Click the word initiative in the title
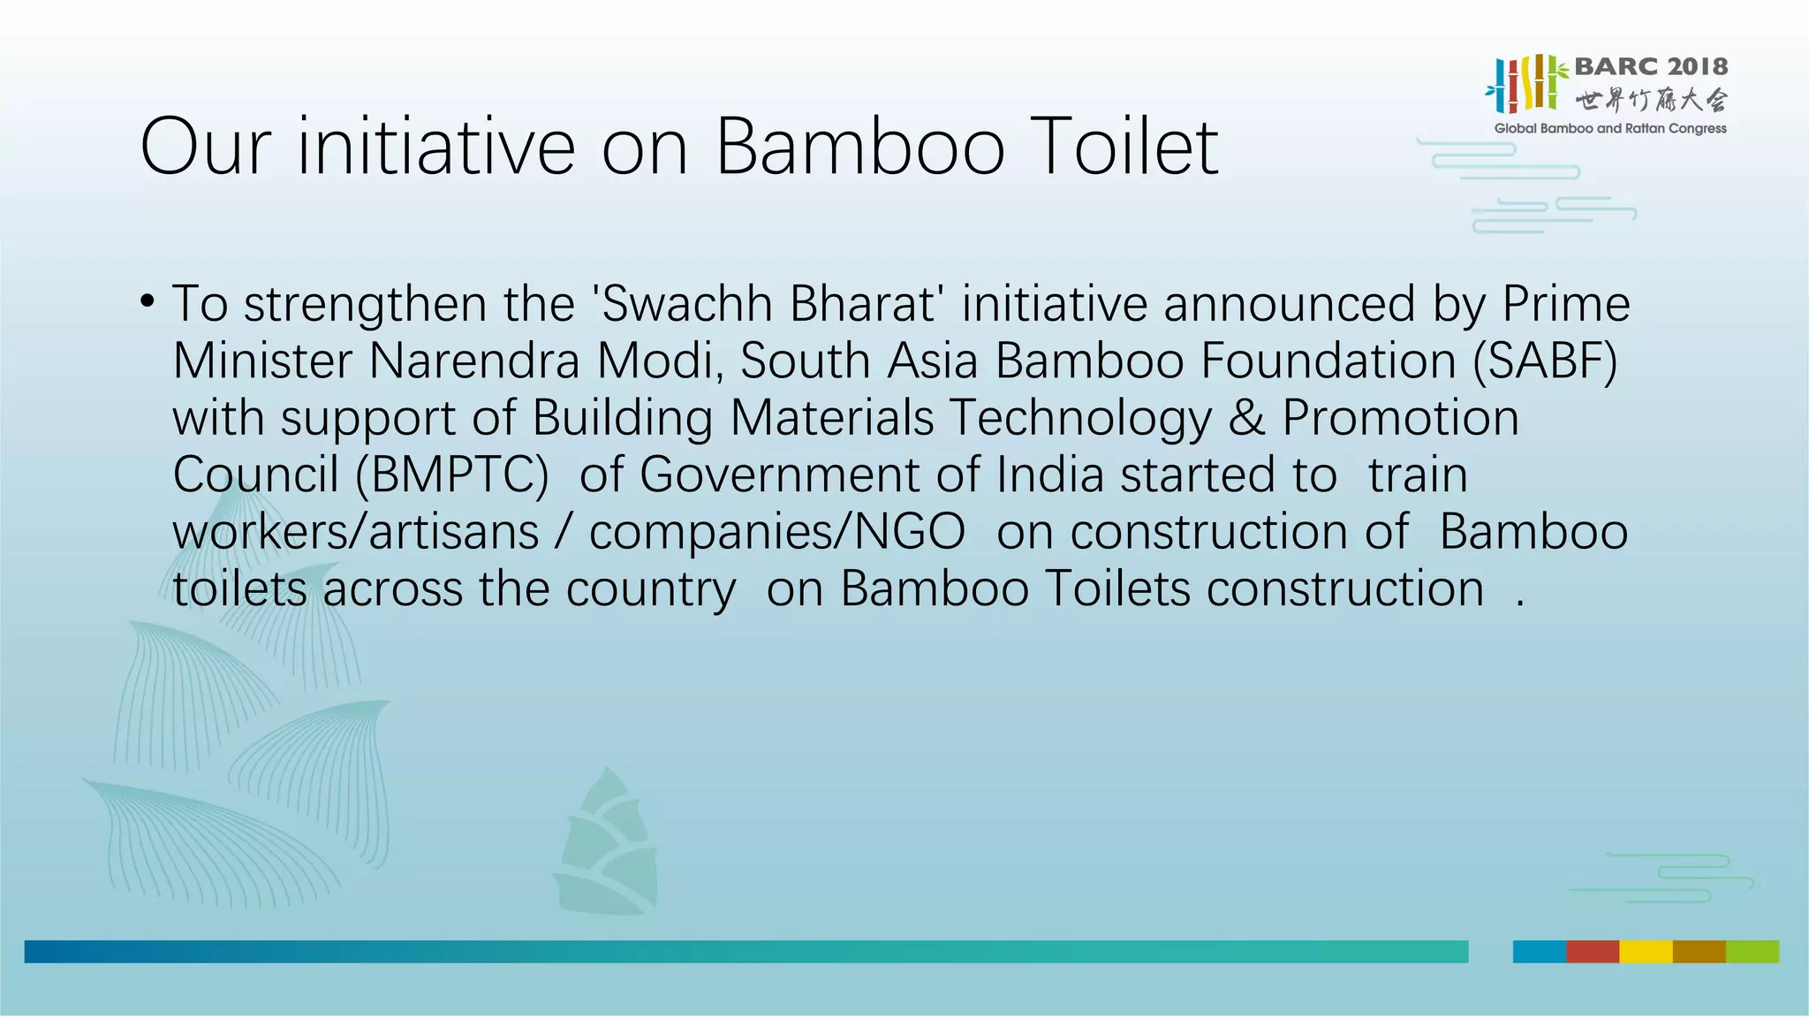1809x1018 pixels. click(x=435, y=147)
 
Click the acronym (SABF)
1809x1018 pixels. click(x=1545, y=361)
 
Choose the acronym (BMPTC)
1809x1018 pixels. click(x=451, y=475)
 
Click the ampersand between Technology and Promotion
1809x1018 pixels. click(x=1245, y=418)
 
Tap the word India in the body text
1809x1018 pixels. click(x=1049, y=475)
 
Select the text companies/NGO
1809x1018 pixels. click(x=776, y=532)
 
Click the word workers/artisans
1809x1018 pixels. click(x=355, y=532)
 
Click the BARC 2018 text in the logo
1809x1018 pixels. click(x=1650, y=67)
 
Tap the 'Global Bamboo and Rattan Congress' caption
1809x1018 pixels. click(x=1609, y=129)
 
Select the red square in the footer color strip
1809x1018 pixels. click(x=1592, y=952)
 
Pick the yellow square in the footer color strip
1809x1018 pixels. click(x=1645, y=952)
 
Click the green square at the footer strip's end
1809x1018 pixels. click(x=1752, y=952)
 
